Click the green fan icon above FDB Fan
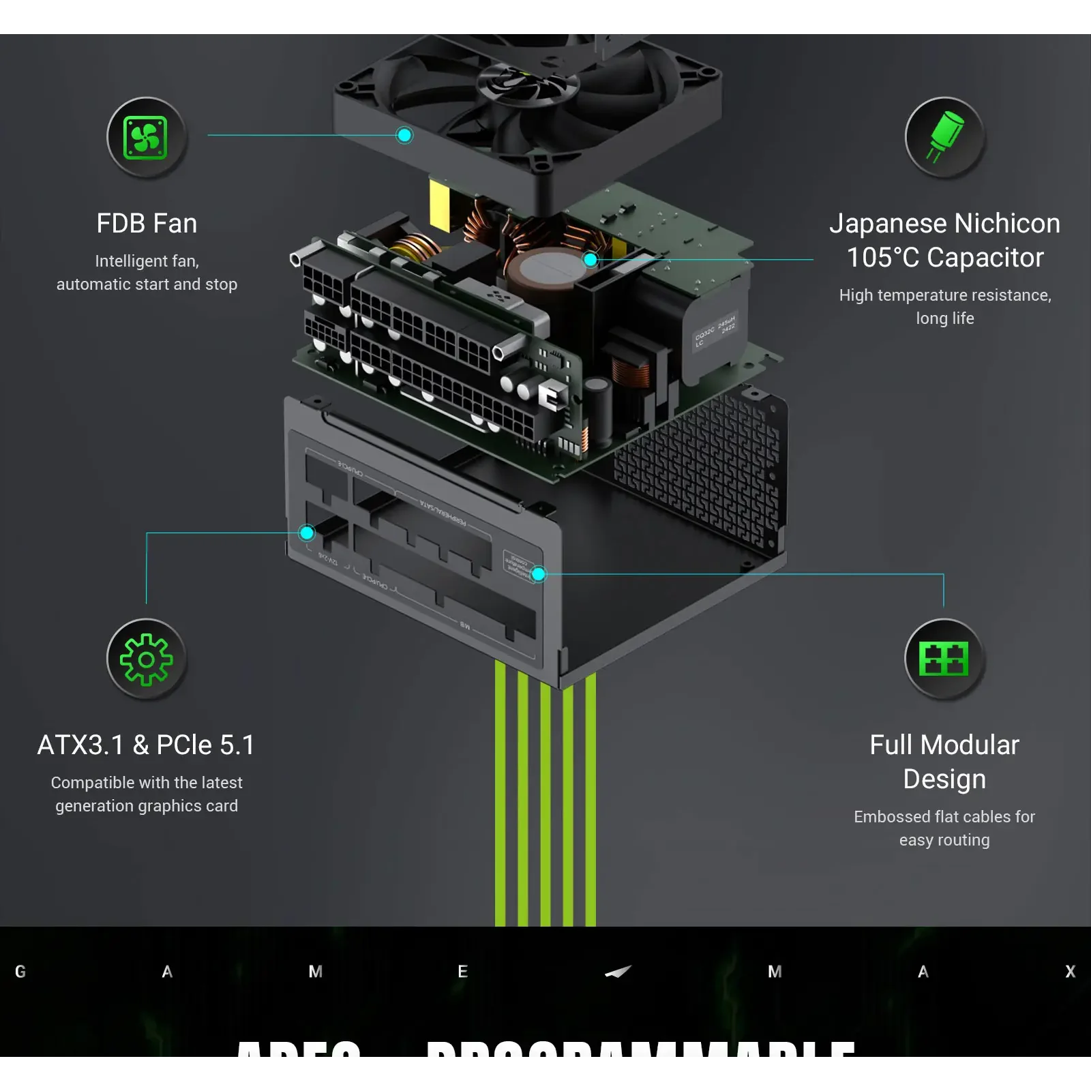[145, 138]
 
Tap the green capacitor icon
[944, 138]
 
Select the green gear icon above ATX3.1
[145, 659]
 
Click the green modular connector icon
[944, 659]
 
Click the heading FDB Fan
[147, 224]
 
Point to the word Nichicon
[1006, 224]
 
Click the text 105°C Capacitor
[944, 258]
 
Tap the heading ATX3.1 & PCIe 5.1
[146, 745]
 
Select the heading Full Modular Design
[944, 762]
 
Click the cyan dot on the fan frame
[404, 135]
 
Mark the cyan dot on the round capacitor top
[591, 259]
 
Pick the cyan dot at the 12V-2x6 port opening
[307, 533]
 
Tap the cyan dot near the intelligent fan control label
[539, 574]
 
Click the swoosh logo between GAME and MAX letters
[618, 972]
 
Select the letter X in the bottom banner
[1070, 972]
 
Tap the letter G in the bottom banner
[20, 972]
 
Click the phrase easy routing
[944, 840]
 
